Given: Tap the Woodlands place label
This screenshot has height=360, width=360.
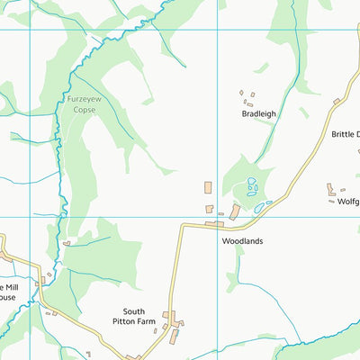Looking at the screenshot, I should (241, 242).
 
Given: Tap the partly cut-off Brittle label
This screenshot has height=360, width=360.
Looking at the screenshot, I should (345, 134).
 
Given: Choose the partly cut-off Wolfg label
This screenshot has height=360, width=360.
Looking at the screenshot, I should (347, 202).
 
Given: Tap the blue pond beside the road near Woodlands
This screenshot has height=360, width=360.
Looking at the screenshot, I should (259, 207).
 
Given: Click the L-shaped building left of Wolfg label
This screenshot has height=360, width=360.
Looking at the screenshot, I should (331, 189).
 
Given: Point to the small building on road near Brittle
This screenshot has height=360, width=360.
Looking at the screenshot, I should (337, 102).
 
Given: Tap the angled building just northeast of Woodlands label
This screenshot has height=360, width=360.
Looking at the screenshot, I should (235, 211).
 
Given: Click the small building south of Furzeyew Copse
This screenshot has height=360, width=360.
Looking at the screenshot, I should (67, 242).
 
